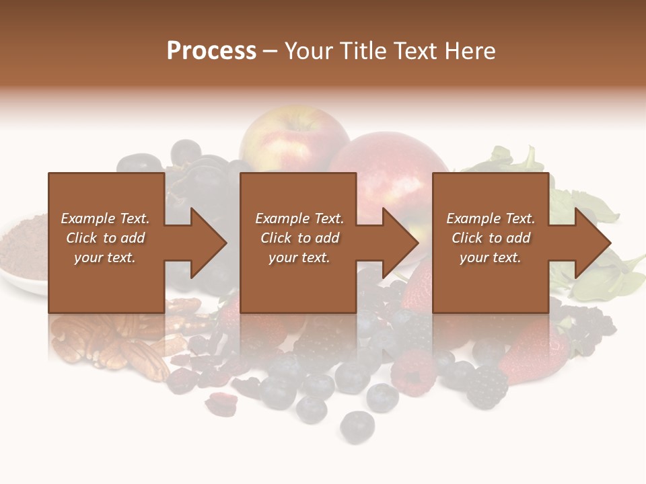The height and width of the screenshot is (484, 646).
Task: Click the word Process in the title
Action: coord(211,51)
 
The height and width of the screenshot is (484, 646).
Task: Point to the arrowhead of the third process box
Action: coord(591,243)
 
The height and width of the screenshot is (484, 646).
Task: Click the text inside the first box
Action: coord(105,238)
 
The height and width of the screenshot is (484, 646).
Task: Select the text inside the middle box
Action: coord(299,238)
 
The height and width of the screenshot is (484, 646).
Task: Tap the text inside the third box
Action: coord(491,238)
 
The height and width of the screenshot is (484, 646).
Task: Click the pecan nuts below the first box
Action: coord(114,339)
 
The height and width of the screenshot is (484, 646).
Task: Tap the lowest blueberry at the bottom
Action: coord(357,425)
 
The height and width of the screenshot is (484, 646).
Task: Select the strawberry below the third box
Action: coord(538,350)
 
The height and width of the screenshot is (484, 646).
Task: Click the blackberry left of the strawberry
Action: coord(487,387)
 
